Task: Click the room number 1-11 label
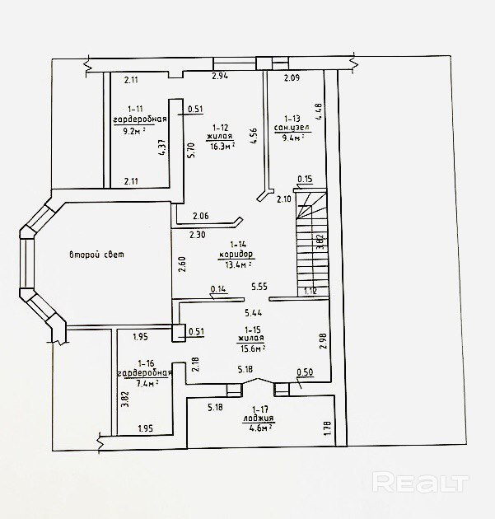coord(134,109)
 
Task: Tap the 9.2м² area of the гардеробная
coord(134,129)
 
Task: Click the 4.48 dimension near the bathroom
coord(318,111)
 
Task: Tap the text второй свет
coord(96,255)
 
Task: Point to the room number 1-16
coord(146,362)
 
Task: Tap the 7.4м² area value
coord(147,383)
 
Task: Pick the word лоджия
coord(259,418)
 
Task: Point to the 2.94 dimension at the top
coord(219,76)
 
